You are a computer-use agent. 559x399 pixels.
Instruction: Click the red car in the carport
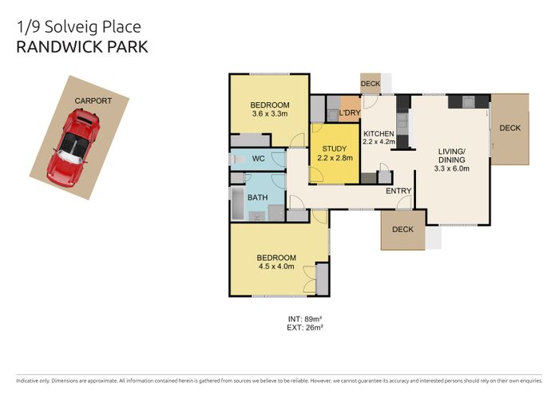tap(73, 147)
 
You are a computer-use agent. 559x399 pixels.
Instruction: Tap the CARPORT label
tap(93, 101)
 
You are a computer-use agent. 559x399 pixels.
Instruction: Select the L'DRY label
tap(350, 113)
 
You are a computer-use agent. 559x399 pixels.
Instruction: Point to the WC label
tap(258, 159)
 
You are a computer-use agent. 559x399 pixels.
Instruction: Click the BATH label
tap(257, 197)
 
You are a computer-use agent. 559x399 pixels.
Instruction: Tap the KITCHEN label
tap(379, 133)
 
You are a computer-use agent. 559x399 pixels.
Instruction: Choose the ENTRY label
tap(398, 192)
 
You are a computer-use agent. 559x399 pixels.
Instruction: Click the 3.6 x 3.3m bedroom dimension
tap(269, 114)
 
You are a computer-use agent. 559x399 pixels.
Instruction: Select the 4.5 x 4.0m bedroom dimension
tap(276, 267)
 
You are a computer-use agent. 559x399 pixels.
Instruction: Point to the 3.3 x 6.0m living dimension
tap(451, 168)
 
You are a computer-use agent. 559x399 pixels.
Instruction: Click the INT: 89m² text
tap(305, 319)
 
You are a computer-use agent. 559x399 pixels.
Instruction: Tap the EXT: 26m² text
tap(305, 327)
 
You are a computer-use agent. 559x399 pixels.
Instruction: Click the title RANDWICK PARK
tap(82, 47)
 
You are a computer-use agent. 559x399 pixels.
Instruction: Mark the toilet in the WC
tap(236, 160)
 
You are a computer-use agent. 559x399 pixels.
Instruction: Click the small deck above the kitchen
tap(371, 84)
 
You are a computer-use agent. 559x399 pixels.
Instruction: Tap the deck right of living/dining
tap(509, 128)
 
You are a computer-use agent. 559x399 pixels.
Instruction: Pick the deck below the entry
tap(402, 230)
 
